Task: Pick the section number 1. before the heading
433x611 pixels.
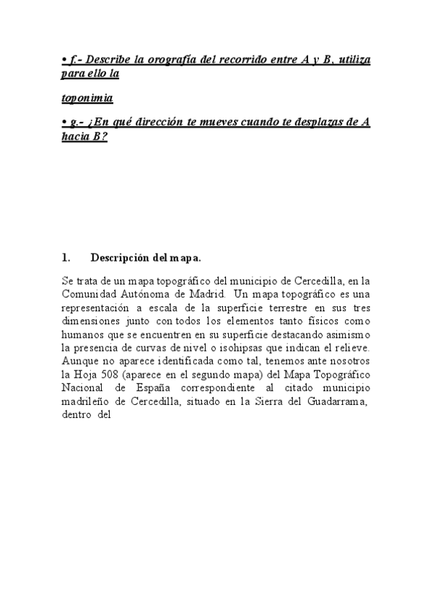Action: pyautogui.click(x=66, y=257)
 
